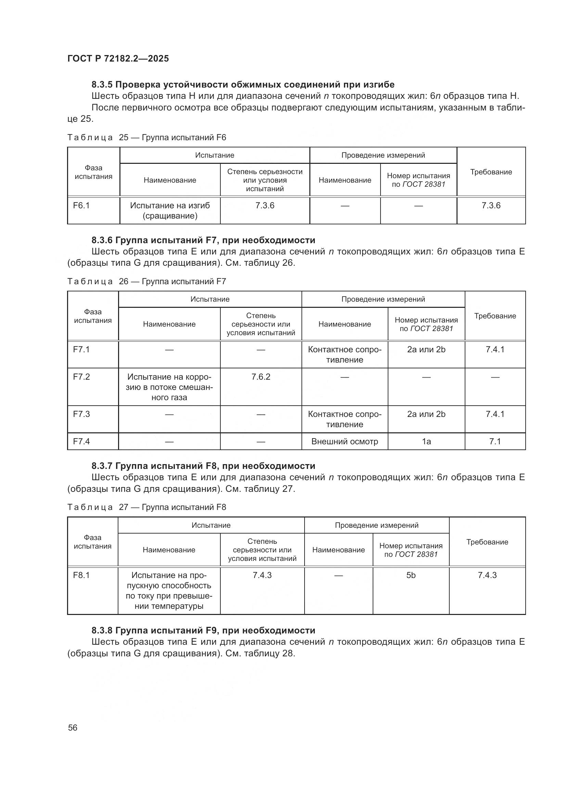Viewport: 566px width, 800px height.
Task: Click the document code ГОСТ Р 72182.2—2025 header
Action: pos(118,58)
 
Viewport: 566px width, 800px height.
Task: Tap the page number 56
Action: pos(73,727)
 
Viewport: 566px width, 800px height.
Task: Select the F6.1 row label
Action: pos(81,206)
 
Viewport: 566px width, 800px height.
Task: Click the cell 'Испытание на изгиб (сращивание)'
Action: pos(170,210)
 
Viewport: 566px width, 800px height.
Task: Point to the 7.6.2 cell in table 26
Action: pos(261,377)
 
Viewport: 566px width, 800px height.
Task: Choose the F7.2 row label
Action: pos(81,377)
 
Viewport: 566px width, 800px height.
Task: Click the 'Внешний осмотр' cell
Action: pos(344,442)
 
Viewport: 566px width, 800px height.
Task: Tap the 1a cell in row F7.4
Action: pos(426,442)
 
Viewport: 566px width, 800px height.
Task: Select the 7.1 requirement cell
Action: pos(494,442)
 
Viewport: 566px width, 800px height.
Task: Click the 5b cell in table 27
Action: pos(411,575)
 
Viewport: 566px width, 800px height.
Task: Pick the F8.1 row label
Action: pos(81,575)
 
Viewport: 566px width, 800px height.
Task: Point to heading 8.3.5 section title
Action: pos(243,85)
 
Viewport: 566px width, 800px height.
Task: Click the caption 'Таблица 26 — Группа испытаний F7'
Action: pos(146,281)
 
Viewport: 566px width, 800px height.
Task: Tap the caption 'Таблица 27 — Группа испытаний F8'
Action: pos(146,507)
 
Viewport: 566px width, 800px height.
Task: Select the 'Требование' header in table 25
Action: pos(491,172)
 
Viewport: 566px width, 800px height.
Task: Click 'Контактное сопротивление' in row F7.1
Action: pos(344,354)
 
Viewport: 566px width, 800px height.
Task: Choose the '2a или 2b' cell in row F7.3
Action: pos(426,414)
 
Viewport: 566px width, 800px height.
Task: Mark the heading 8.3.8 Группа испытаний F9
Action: pos(203,630)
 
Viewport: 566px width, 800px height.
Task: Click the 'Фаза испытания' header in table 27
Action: pos(92,542)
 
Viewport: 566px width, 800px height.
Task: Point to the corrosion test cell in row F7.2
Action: pos(169,387)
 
